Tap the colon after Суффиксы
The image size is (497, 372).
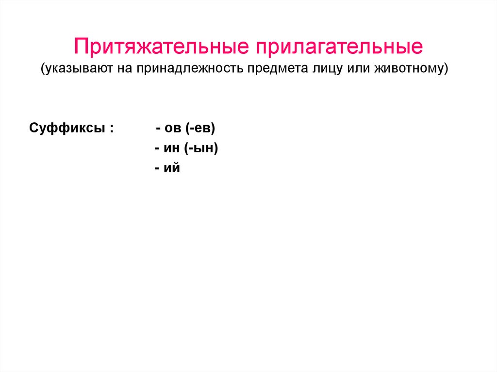pos(112,129)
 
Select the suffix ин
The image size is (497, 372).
pos(172,148)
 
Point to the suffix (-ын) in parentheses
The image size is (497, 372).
pos(201,148)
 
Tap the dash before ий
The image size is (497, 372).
pos(158,169)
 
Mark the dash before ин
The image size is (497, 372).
pos(158,149)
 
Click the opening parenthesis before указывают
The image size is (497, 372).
pos(43,69)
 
